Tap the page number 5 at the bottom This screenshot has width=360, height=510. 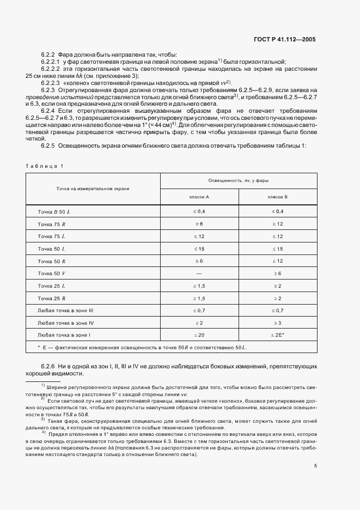(315, 465)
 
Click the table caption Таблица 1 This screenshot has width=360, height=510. (45, 166)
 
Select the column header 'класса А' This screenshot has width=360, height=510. (199, 196)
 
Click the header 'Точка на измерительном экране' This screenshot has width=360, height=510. (93, 188)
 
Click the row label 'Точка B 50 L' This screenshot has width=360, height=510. (54, 211)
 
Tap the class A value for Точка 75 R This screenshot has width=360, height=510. (199, 224)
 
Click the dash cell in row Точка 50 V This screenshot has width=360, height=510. (199, 272)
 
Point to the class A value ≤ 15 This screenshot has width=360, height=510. (199, 248)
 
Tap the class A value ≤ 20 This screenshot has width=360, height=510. (199, 335)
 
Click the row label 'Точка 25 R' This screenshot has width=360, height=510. (52, 298)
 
